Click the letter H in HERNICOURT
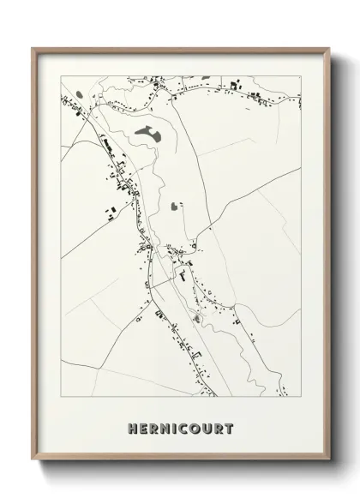click(x=133, y=428)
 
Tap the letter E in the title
click(x=144, y=428)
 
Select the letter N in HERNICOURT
click(x=166, y=428)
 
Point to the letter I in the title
click(x=176, y=428)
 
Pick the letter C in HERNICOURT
click(x=184, y=428)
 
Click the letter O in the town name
click(x=196, y=428)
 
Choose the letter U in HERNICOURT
click(x=208, y=428)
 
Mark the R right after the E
click(x=155, y=428)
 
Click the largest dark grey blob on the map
click(x=147, y=134)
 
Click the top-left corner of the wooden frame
click(x=33, y=48)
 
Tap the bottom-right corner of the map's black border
click(x=301, y=399)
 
